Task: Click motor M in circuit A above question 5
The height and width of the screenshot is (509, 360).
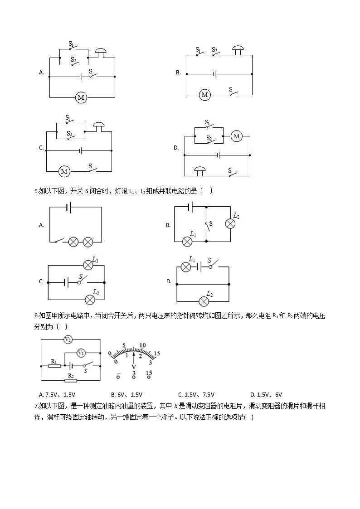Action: click(81, 97)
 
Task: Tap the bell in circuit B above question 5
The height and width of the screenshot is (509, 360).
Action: click(238, 49)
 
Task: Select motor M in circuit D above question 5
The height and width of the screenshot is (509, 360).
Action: click(236, 136)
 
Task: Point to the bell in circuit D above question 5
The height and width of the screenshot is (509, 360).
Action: click(200, 170)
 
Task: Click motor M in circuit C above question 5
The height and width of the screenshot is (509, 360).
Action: click(64, 171)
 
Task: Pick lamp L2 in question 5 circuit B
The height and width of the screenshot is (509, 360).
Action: click(230, 223)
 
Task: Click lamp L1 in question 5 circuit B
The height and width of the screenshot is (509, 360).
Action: click(187, 242)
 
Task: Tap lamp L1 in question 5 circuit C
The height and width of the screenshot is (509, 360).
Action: click(88, 265)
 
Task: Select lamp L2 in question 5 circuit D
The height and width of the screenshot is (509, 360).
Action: click(204, 301)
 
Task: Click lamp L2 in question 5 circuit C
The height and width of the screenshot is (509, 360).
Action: click(90, 300)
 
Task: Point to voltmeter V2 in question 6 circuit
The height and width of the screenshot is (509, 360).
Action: click(68, 339)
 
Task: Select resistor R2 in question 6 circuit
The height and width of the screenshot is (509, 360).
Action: click(70, 380)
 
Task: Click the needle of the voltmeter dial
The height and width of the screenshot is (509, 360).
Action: click(134, 357)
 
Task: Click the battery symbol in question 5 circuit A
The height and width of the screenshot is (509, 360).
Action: click(68, 208)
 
